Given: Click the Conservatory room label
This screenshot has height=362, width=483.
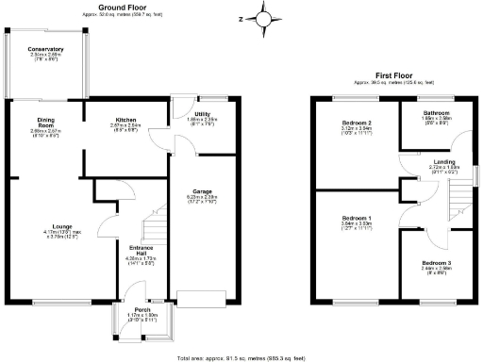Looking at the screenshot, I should (x=45, y=49).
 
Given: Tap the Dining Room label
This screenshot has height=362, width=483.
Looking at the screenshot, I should (x=45, y=122).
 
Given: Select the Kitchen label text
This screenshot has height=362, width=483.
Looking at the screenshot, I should (x=125, y=119).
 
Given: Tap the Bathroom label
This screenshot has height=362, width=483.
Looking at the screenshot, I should (x=434, y=112).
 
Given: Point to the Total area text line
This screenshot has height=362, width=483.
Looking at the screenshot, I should (x=241, y=358).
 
